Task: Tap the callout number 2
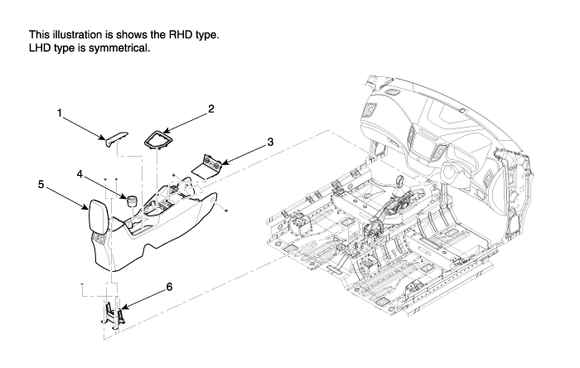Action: tap(211, 109)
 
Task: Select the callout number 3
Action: tap(270, 142)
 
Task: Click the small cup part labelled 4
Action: tap(129, 201)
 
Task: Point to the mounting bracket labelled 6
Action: tap(114, 313)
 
